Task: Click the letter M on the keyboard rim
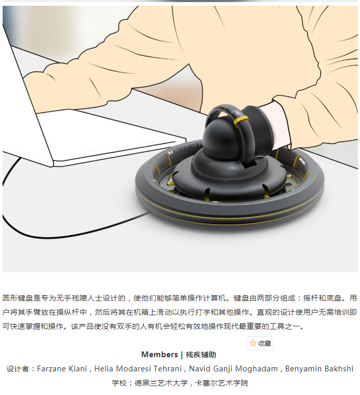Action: tap(171, 153)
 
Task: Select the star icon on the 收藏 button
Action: tap(253, 343)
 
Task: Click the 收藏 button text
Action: tap(264, 344)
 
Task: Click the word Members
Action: tap(160, 355)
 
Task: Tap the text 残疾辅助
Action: tap(201, 355)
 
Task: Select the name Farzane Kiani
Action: tap(62, 369)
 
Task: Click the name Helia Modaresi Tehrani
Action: tap(138, 369)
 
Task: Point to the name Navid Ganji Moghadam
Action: tap(233, 369)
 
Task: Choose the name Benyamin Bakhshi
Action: tap(319, 369)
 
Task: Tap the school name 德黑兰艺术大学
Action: tap(161, 383)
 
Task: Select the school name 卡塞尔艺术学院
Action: tap(221, 383)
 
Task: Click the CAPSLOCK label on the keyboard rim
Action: tap(302, 161)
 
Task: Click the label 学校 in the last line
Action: tap(119, 383)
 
